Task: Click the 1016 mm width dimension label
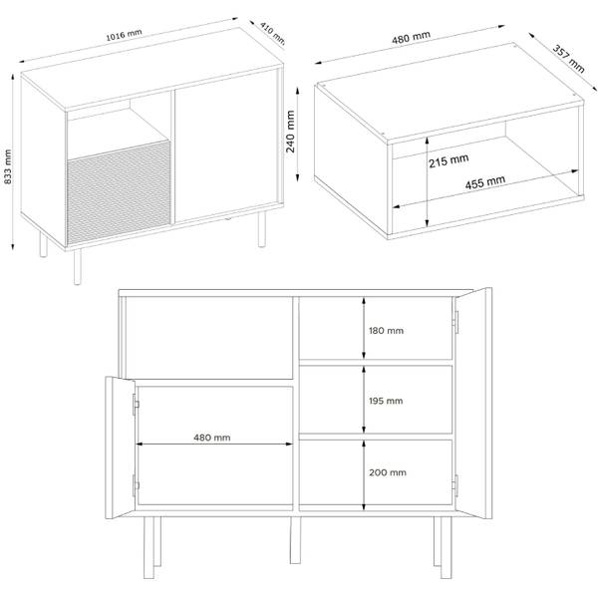(x=124, y=35)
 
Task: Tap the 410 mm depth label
(x=273, y=33)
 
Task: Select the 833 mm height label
(x=8, y=166)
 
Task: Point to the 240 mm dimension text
(x=291, y=132)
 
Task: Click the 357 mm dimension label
(x=568, y=59)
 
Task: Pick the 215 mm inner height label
(x=448, y=160)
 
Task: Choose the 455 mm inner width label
(x=485, y=182)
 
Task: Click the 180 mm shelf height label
(x=386, y=331)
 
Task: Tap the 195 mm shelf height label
(x=386, y=401)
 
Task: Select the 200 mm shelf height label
(x=388, y=472)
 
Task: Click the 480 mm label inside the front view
(x=212, y=438)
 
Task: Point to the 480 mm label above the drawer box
(x=411, y=37)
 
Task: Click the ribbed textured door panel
(x=119, y=192)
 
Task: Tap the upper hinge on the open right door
(x=455, y=322)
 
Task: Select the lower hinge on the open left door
(x=136, y=485)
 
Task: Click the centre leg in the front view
(x=295, y=540)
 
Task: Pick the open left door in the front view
(x=120, y=448)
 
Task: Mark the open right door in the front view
(x=473, y=403)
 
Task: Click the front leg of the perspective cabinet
(x=78, y=266)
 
